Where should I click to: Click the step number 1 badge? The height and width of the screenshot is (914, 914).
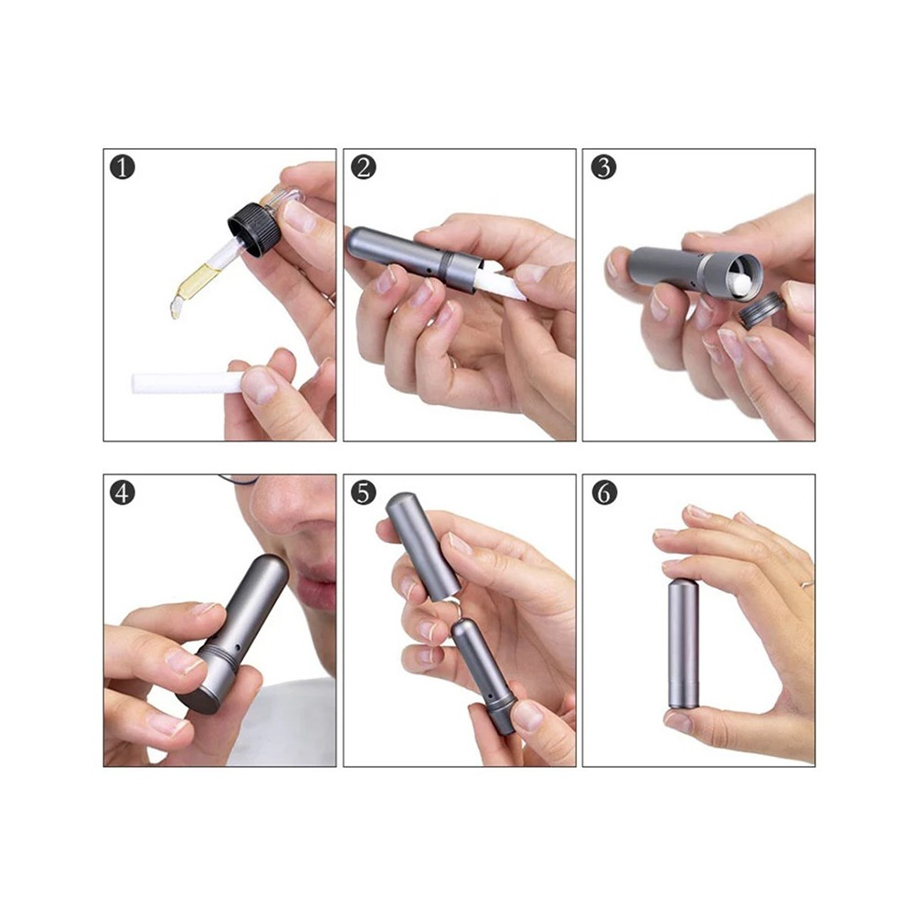[x=122, y=167]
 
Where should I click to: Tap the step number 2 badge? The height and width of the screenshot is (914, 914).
[x=363, y=167]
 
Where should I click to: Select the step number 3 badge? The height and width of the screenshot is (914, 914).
[x=602, y=167]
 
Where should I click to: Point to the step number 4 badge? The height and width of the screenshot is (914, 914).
[x=122, y=493]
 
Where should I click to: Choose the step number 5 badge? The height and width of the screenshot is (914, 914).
[x=363, y=493]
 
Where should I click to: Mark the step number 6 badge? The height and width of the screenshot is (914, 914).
[x=602, y=493]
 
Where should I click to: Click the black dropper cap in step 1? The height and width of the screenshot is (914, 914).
[x=255, y=229]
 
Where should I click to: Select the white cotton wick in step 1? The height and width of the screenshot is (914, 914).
[x=186, y=382]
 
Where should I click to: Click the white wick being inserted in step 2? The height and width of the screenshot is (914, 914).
[x=497, y=281]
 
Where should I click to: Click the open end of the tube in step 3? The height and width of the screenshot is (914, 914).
[x=742, y=273]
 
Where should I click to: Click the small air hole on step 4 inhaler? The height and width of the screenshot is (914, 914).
[x=239, y=648]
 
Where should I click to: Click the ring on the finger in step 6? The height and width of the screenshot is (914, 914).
[x=807, y=583]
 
